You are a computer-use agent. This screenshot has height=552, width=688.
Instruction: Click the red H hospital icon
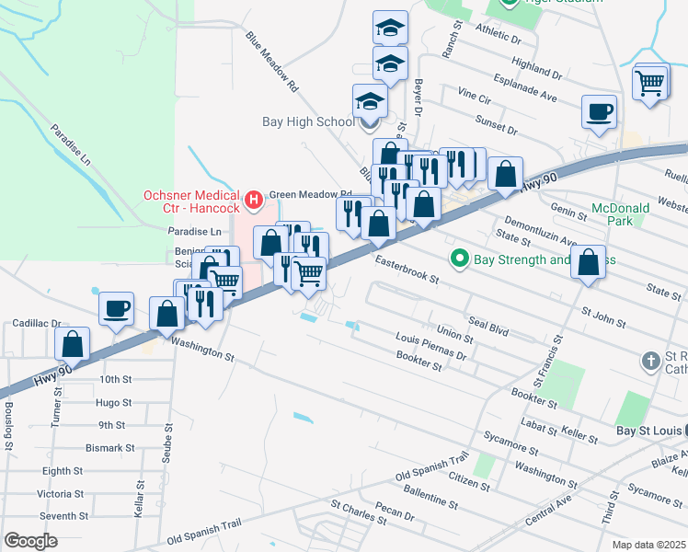pos(255,197)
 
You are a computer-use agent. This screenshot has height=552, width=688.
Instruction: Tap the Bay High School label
pos(308,121)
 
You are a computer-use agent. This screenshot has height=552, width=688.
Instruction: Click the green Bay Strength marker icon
pos(461,259)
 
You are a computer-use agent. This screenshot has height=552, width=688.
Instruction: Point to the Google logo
pos(30,541)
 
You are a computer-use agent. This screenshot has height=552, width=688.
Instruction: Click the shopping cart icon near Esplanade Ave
pos(650,83)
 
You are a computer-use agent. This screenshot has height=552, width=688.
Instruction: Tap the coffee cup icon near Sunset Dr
pos(599,112)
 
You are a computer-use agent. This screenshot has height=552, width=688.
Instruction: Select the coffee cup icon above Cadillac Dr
pos(116,309)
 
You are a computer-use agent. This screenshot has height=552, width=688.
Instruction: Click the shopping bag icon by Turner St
pos(73,345)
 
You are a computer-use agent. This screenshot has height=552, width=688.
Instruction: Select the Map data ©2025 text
pos(648,545)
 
